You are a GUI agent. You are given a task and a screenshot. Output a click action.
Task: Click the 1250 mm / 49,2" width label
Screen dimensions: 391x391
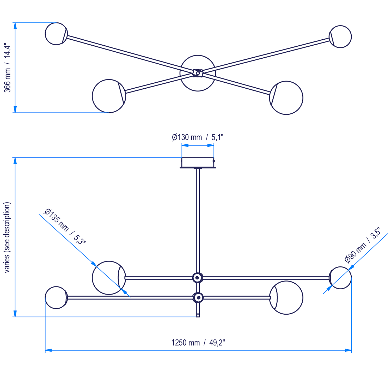pos(198,343)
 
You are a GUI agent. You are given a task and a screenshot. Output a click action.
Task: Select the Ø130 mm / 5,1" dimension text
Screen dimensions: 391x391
pos(198,137)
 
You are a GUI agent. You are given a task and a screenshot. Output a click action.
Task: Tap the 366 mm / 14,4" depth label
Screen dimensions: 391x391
pos(7,68)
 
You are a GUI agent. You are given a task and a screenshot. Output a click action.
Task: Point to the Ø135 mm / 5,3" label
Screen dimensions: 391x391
pos(65,226)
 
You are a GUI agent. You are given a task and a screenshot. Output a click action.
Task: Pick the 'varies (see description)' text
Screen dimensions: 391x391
pos(7,237)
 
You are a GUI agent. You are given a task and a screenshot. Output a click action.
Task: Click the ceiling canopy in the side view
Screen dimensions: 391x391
pos(198,162)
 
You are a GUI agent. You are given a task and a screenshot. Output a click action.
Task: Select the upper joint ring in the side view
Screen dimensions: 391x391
pos(198,278)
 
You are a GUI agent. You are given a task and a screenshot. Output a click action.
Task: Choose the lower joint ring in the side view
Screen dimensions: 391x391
pos(198,297)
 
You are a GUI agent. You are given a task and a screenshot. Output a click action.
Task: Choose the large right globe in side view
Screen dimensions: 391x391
pos(287,298)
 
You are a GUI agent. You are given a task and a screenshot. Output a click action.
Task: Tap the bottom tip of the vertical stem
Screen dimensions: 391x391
pos(198,316)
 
